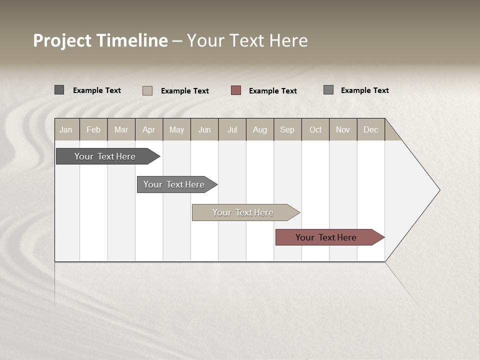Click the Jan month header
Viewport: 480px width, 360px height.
coord(66,129)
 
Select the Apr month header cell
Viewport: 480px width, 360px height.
coord(149,129)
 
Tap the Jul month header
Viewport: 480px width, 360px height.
coord(232,129)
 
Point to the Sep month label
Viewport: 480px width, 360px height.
coord(287,129)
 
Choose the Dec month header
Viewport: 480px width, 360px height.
coord(370,129)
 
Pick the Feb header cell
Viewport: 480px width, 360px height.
coord(93,129)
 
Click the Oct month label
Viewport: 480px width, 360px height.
coord(315,129)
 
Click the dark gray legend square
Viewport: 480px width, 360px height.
coord(59,90)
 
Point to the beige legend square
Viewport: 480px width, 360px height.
coord(147,90)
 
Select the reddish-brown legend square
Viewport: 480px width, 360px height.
coord(236,90)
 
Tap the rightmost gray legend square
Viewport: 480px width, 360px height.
coord(328,89)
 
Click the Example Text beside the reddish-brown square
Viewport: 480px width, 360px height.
coord(272,90)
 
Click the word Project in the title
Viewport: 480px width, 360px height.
coord(62,40)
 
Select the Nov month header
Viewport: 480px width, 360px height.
coord(343,129)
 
